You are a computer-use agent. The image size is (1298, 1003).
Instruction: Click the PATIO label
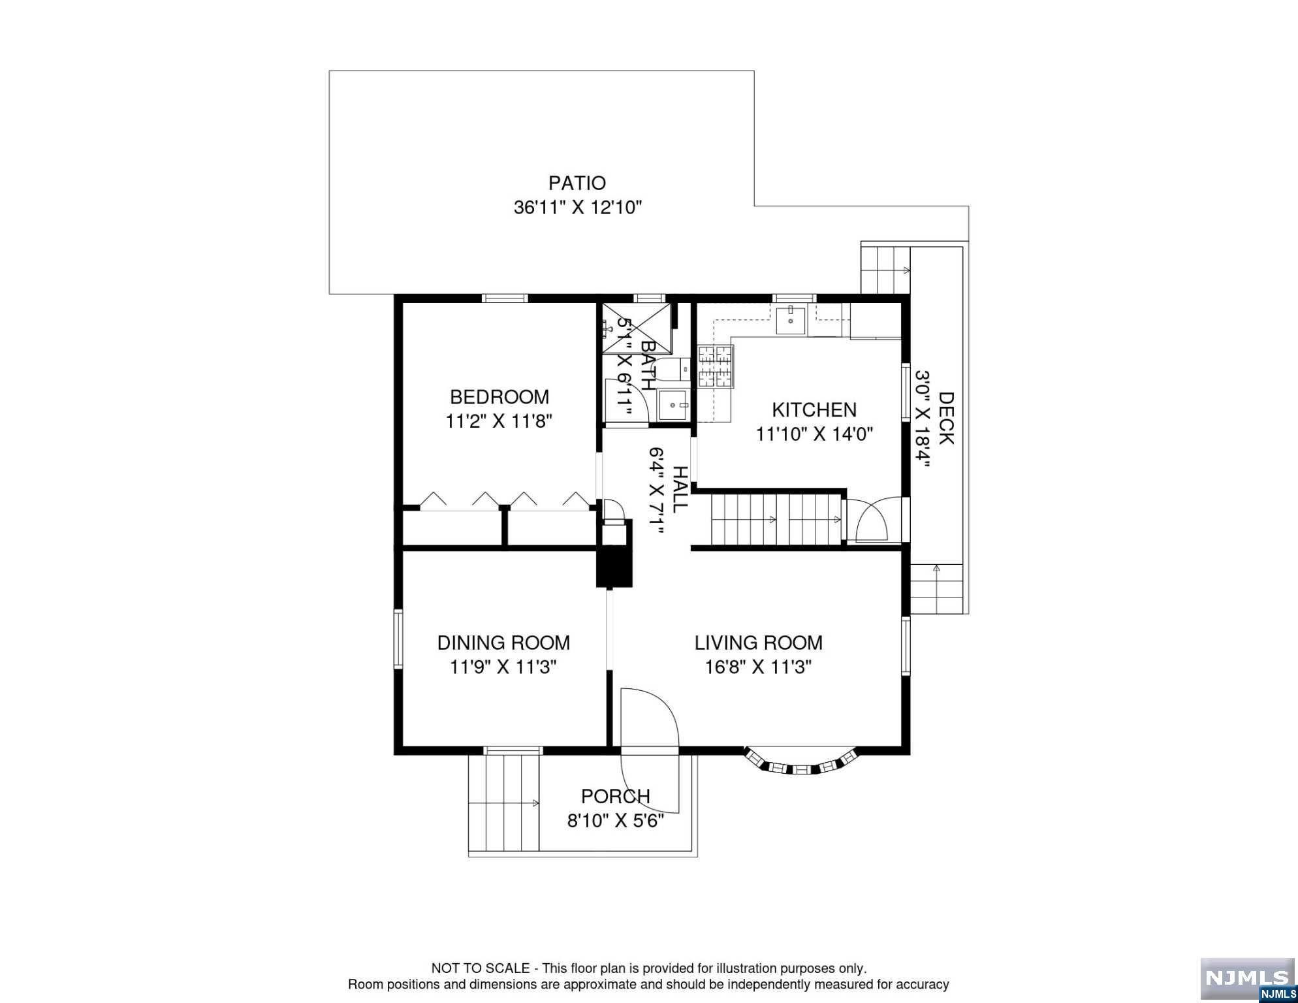pos(577,183)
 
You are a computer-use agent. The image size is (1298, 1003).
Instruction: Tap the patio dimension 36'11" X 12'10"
pos(578,208)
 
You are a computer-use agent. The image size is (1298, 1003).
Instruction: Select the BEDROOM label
pos(499,396)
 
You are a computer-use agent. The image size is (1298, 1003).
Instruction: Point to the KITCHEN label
pos(814,409)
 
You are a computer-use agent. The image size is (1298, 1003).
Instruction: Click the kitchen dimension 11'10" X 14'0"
pos(814,434)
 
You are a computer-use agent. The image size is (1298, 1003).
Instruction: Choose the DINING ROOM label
pos(503,643)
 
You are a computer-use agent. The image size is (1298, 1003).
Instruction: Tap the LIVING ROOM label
pos(758,643)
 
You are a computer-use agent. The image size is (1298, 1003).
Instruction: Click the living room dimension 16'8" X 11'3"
pos(758,667)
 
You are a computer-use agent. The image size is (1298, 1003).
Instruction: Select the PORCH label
pos(616,797)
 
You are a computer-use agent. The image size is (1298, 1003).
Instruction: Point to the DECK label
pos(946,418)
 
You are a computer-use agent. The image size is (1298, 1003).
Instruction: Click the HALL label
pos(680,488)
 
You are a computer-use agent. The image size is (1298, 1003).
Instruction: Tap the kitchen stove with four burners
pos(716,367)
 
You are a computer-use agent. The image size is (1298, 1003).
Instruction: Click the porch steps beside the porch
pos(504,801)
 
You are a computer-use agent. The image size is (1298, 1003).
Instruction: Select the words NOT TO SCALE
pos(481,968)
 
